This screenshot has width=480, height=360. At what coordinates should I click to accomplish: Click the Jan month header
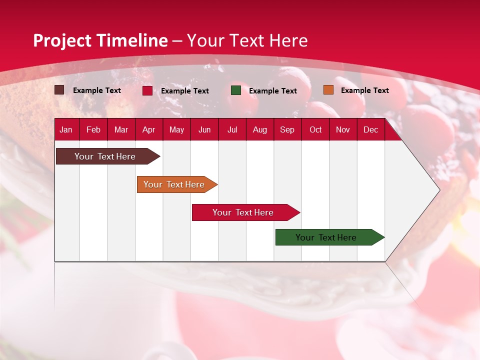pyautogui.click(x=66, y=129)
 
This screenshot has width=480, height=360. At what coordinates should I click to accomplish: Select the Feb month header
pyautogui.click(x=93, y=129)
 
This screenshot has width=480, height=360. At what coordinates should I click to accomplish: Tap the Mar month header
pyautogui.click(x=121, y=129)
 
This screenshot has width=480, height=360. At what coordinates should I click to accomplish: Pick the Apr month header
pyautogui.click(x=149, y=129)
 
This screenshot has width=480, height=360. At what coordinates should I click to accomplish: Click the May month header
pyautogui.click(x=176, y=129)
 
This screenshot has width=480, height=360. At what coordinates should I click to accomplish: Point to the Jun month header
pyautogui.click(x=204, y=129)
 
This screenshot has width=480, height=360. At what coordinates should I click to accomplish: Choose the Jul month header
pyautogui.click(x=232, y=129)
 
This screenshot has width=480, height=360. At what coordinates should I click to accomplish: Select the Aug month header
pyautogui.click(x=260, y=129)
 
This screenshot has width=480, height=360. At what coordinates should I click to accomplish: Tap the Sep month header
pyautogui.click(x=287, y=129)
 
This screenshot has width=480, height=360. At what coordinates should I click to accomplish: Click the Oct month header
pyautogui.click(x=315, y=129)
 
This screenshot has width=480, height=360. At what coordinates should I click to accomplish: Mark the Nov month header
pyautogui.click(x=343, y=129)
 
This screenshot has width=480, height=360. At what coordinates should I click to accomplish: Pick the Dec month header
pyautogui.click(x=371, y=129)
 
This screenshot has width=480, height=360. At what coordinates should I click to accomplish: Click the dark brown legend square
pyautogui.click(x=59, y=90)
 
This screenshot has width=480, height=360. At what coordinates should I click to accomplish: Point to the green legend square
pyautogui.click(x=236, y=90)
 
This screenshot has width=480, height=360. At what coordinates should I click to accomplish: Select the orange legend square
pyautogui.click(x=328, y=90)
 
